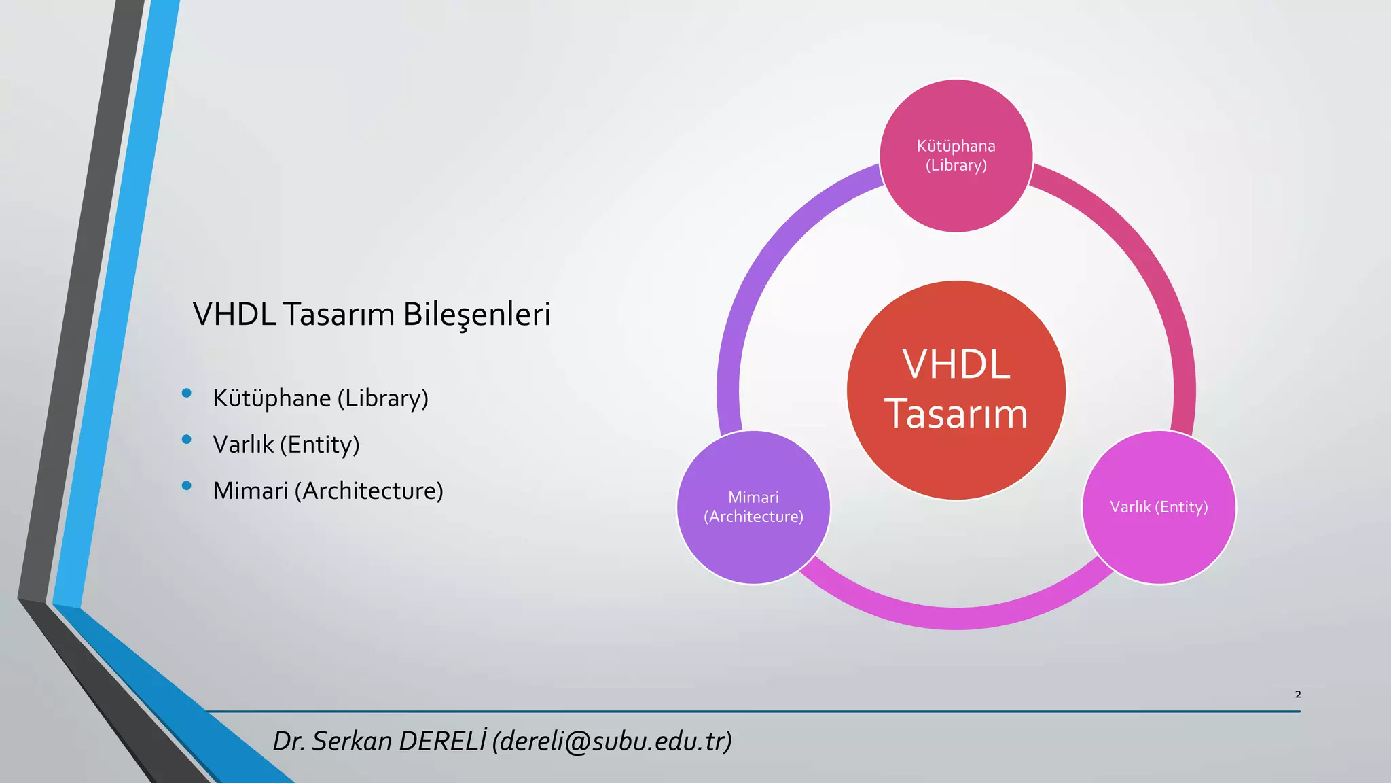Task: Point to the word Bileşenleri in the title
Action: pyautogui.click(x=476, y=315)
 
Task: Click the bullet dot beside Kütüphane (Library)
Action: pyautogui.click(x=187, y=394)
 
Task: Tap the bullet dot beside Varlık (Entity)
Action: pyautogui.click(x=187, y=440)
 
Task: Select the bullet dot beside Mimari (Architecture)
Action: pyautogui.click(x=187, y=486)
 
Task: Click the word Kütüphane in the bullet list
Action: pyautogui.click(x=271, y=398)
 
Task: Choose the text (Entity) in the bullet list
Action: pyautogui.click(x=319, y=445)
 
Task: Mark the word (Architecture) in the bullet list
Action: pyautogui.click(x=369, y=491)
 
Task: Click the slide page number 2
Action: pyautogui.click(x=1298, y=694)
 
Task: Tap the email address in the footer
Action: pyautogui.click(x=612, y=741)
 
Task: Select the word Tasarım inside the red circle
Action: pyautogui.click(x=956, y=414)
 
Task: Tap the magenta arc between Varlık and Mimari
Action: pyautogui.click(x=956, y=617)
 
